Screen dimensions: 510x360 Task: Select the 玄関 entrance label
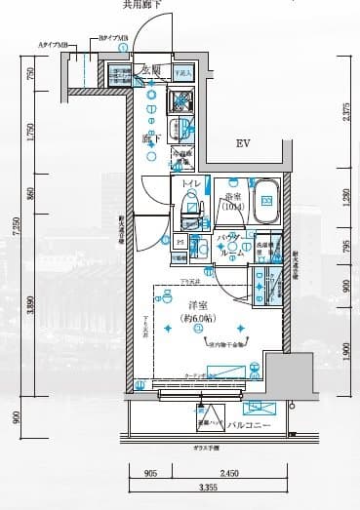coord(150,70)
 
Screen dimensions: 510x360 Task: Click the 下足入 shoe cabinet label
coord(182,72)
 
